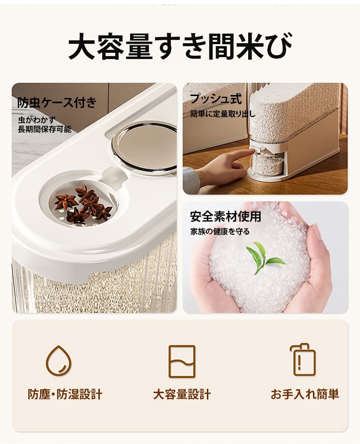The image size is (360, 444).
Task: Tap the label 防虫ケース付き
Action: click(x=57, y=103)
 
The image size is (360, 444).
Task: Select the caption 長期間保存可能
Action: click(x=44, y=129)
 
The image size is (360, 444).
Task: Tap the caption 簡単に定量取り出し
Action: click(x=222, y=114)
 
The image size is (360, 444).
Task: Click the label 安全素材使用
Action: click(x=225, y=216)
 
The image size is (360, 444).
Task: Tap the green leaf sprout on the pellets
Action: click(x=263, y=257)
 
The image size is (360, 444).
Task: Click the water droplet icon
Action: click(x=59, y=360)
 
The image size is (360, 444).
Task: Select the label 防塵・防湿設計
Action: click(x=65, y=395)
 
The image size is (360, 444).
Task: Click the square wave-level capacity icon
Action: click(x=182, y=361)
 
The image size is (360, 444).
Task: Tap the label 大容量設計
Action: click(x=182, y=395)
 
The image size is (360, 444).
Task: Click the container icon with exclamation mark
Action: click(x=303, y=360)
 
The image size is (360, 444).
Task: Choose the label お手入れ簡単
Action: click(x=305, y=395)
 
